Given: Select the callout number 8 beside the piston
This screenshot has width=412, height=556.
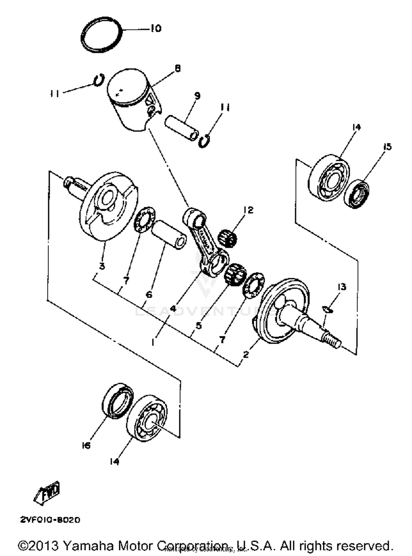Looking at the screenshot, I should [178, 69].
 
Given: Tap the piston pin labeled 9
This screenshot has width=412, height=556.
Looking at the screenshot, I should [181, 128].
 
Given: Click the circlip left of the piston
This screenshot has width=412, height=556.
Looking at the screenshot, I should [99, 80].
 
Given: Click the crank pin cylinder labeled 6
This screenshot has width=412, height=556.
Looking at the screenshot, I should [168, 235].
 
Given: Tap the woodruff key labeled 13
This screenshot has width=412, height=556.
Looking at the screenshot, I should [327, 310].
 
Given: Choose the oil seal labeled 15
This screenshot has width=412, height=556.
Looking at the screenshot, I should [356, 193].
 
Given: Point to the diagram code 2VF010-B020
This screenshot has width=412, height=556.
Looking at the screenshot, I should [50, 520].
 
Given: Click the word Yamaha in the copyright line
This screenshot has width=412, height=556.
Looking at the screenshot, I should [88, 545].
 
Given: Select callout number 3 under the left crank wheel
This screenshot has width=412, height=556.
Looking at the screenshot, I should [102, 266].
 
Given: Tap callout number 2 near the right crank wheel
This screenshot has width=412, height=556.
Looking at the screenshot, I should [246, 354].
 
